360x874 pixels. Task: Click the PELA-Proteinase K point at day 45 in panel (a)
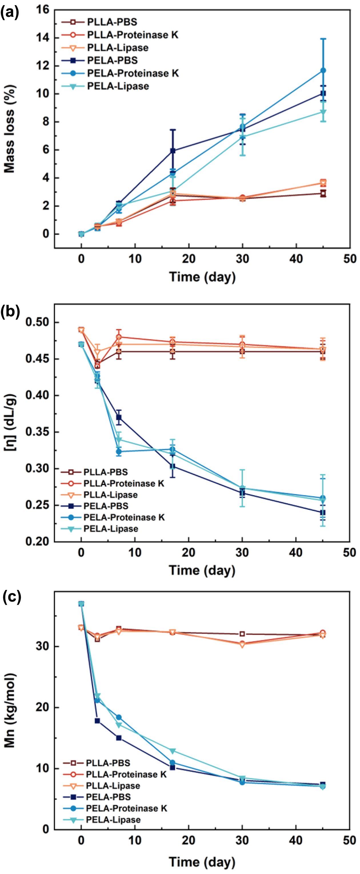pos(323,70)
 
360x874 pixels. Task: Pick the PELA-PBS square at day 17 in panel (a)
pos(173,151)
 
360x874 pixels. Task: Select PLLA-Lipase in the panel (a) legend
pos(117,47)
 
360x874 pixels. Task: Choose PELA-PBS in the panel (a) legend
pos(112,60)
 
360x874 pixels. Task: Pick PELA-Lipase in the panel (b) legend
pos(111,529)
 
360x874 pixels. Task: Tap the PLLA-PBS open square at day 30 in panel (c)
pos(242,634)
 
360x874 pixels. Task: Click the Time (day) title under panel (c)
pos(202,861)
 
